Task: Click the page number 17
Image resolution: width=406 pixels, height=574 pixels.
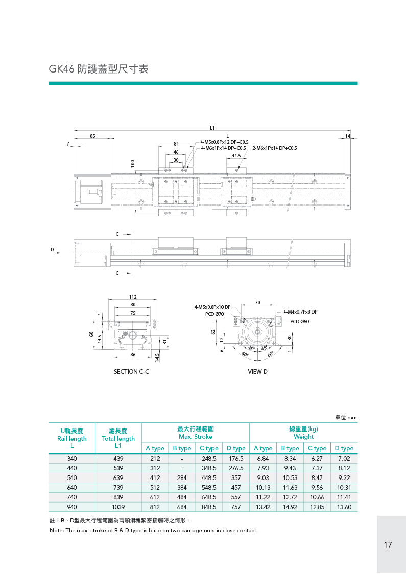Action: pyautogui.click(x=388, y=545)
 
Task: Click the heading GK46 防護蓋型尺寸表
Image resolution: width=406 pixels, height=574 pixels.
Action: pyautogui.click(x=99, y=69)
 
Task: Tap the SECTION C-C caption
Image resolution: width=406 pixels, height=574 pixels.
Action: pyautogui.click(x=131, y=372)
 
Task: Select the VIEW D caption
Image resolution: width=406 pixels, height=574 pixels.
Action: pyautogui.click(x=257, y=372)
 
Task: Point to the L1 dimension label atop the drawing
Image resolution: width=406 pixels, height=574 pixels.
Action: pyautogui.click(x=212, y=127)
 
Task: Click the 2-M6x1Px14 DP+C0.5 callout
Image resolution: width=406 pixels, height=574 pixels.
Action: pyautogui.click(x=274, y=148)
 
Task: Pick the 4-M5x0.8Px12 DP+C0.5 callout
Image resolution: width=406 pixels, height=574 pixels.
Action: pyautogui.click(x=224, y=142)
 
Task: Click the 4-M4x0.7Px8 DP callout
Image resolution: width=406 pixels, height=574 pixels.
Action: pyautogui.click(x=300, y=312)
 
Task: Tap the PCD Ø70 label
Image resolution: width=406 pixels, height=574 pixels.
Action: pyautogui.click(x=214, y=314)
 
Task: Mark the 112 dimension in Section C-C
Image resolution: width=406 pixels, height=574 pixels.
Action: pyautogui.click(x=133, y=297)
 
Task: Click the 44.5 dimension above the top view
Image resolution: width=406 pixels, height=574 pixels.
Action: pyautogui.click(x=236, y=155)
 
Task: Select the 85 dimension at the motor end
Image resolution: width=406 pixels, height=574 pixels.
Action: pyautogui.click(x=92, y=136)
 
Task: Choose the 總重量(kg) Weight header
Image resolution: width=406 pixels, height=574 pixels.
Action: pyautogui.click(x=303, y=433)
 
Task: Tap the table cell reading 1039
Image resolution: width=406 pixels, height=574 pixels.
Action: pyautogui.click(x=118, y=507)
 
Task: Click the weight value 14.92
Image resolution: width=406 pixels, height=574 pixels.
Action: pyautogui.click(x=290, y=507)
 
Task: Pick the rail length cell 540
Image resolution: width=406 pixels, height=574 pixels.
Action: pyautogui.click(x=72, y=478)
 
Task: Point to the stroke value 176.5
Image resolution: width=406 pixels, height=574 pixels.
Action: pyautogui.click(x=235, y=459)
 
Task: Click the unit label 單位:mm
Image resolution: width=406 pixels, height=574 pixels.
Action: pyautogui.click(x=346, y=418)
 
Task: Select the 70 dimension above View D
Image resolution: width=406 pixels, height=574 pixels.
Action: pyautogui.click(x=257, y=303)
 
